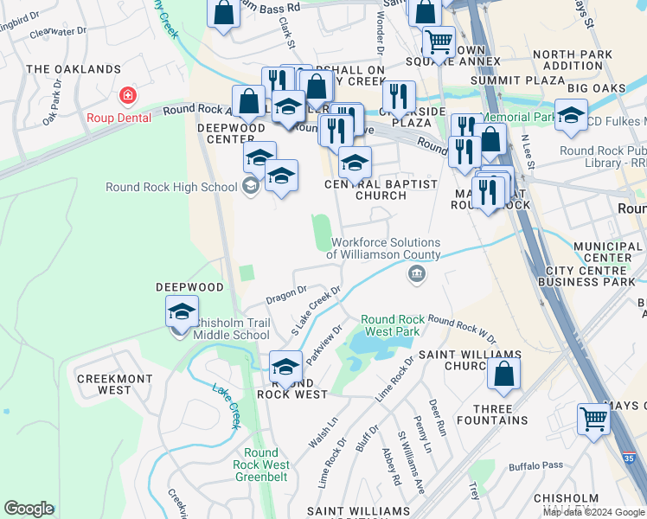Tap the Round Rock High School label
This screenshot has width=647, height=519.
(171, 187)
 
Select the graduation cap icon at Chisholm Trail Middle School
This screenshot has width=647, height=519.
(182, 312)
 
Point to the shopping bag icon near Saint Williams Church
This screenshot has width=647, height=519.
(503, 374)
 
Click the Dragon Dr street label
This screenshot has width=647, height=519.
(286, 294)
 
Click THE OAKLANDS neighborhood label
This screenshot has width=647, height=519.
(74, 69)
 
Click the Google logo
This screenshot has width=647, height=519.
(29, 509)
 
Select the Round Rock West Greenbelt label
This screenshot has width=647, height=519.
(261, 465)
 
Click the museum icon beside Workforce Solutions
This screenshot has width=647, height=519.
(416, 275)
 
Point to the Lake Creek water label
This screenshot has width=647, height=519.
(226, 402)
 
